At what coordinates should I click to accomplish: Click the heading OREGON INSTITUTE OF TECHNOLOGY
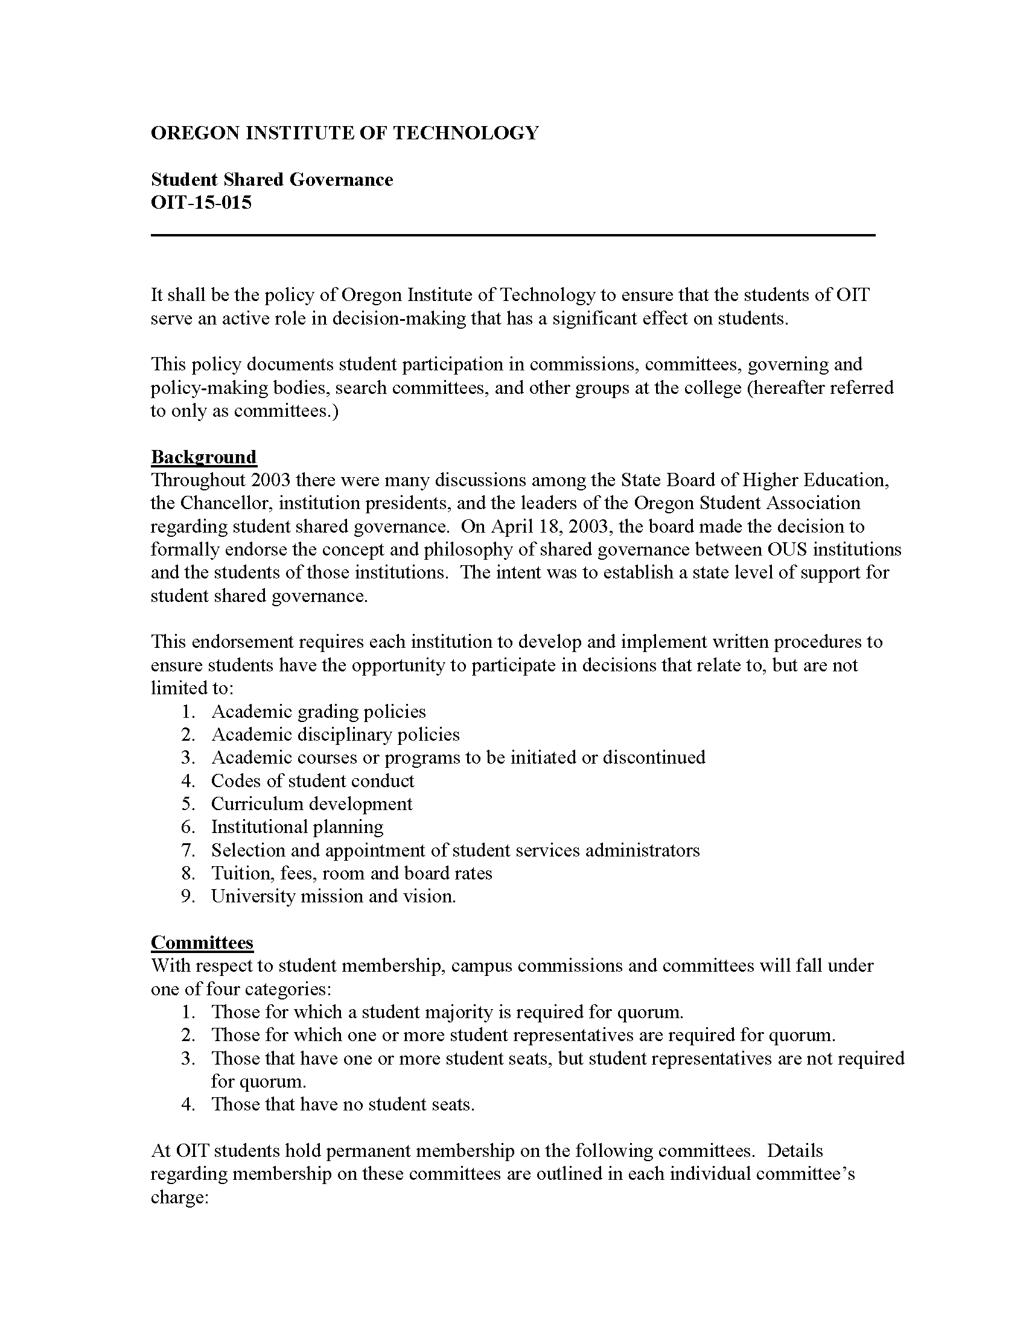344,133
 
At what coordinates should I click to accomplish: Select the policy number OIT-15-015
200,202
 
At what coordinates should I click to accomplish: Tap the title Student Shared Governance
272,180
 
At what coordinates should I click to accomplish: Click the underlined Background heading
203,457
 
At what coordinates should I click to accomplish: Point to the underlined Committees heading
202,942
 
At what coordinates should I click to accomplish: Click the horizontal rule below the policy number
512,235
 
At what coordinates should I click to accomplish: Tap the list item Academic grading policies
318,712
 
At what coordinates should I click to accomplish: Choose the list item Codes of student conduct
313,781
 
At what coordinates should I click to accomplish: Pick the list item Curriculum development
311,804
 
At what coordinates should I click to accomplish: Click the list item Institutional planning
297,827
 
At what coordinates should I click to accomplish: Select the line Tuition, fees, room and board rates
351,873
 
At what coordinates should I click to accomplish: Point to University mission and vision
333,896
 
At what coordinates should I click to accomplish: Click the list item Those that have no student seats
342,1104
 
